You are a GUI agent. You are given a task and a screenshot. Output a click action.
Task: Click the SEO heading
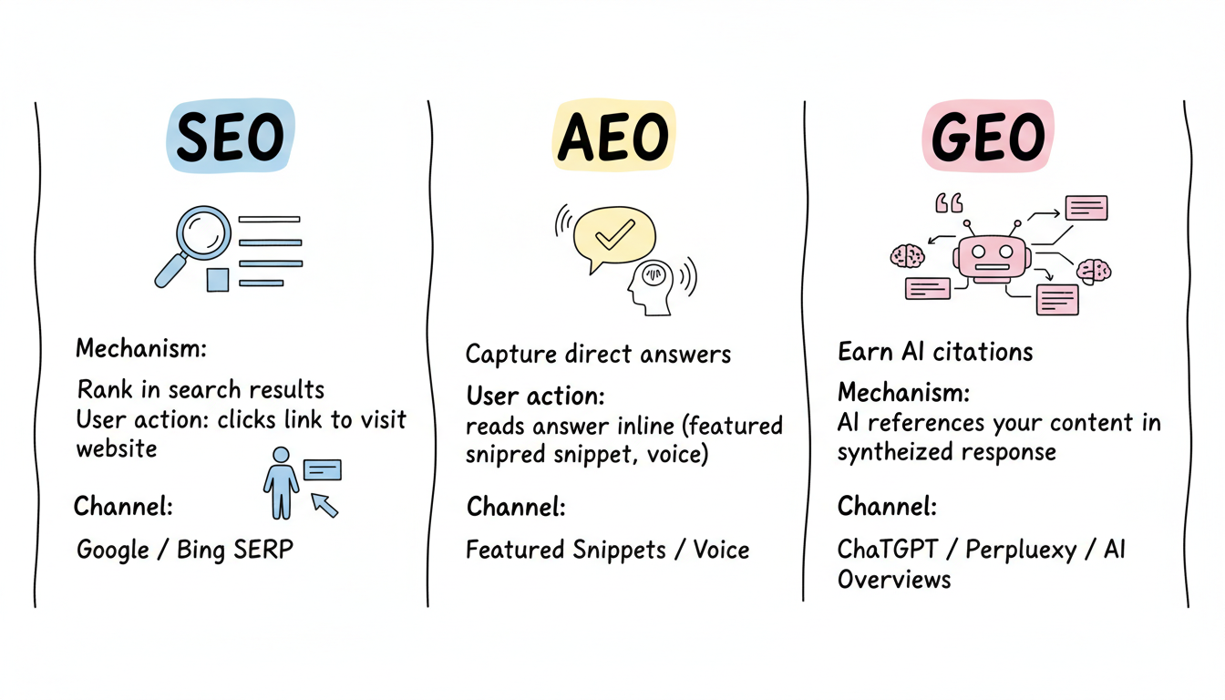point(230,139)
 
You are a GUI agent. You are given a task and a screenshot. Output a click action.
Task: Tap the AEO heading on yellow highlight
point(613,139)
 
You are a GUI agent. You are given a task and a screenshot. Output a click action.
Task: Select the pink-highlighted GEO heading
point(988,138)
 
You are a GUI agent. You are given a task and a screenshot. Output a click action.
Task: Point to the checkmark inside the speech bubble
point(614,235)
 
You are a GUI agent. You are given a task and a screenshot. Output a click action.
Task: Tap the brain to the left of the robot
point(907,255)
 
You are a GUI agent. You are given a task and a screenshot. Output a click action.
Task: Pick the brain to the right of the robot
point(1094,270)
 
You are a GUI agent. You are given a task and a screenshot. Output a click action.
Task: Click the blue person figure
point(280,481)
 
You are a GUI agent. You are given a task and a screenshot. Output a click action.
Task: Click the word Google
point(113,551)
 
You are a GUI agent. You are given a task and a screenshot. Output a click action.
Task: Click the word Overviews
point(894,580)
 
